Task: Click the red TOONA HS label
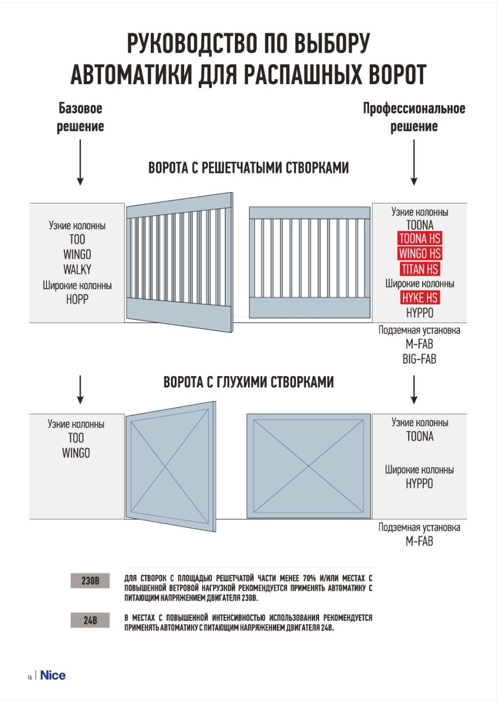419,239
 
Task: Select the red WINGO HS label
419,254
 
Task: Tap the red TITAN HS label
419,269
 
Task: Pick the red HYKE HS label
419,298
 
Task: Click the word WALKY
76,269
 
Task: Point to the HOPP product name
76,299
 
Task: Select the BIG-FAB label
419,359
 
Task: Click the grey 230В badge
90,581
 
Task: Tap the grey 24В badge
90,621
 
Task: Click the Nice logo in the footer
53,675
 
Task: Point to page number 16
29,677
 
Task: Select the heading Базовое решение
80,117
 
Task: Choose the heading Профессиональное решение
414,117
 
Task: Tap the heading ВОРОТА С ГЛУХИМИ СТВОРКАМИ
248,383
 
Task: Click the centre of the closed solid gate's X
309,466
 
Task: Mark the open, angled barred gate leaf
180,264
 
